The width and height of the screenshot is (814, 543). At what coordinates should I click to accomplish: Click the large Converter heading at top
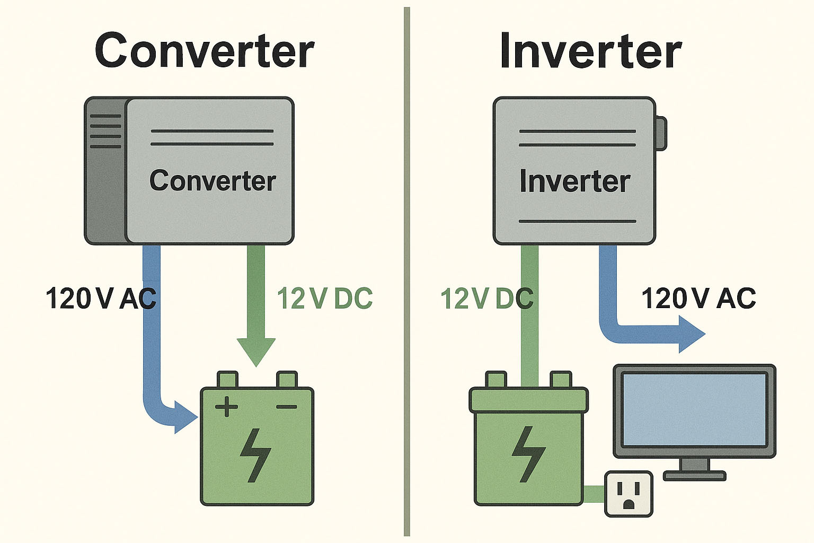point(205,51)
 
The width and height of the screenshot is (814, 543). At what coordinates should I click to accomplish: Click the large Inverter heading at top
point(590,51)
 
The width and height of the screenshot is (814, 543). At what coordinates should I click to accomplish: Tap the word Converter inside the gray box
point(213,181)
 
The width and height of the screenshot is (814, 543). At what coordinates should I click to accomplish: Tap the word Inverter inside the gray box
point(574,181)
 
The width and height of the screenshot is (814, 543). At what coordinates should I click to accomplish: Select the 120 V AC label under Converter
point(101,299)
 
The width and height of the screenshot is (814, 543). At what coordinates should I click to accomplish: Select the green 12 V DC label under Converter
point(324,299)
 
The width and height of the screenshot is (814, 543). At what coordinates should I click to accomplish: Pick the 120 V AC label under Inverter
point(698,299)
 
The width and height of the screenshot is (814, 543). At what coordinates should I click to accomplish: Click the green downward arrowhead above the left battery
point(256,350)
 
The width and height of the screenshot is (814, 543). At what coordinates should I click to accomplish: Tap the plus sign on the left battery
point(226,407)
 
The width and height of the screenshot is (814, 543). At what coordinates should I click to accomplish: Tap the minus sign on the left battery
point(287,407)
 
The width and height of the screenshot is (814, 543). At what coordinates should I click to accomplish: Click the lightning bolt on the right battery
point(528,454)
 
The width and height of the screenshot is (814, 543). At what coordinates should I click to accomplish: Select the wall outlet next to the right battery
point(629,494)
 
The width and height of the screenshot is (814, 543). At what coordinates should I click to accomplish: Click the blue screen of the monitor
point(694,409)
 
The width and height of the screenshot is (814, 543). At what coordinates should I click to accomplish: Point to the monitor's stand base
point(694,475)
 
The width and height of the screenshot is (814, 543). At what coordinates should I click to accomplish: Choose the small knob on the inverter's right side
point(661,134)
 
